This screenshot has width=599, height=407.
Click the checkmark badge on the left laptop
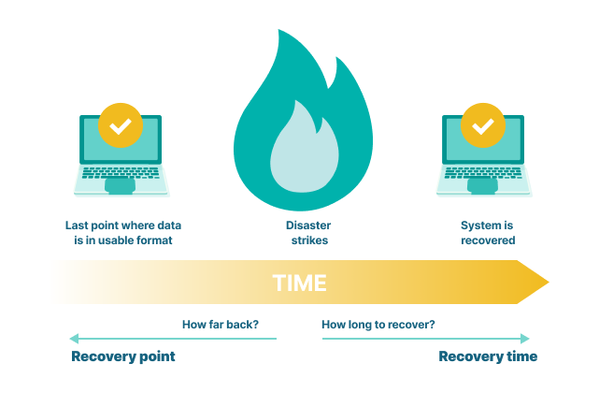[x=121, y=125]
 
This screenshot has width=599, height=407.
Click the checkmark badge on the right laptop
[x=483, y=125]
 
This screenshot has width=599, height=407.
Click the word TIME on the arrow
[x=300, y=283]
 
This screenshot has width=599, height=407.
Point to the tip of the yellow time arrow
[x=547, y=283]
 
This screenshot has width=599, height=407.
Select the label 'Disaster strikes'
[x=307, y=233]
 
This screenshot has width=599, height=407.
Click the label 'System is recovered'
[x=488, y=233]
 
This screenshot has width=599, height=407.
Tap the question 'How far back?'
[x=221, y=326]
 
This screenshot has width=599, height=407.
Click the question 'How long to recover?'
[x=378, y=326]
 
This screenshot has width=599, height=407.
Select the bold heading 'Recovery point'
[x=123, y=356]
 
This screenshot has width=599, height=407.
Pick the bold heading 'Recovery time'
[x=488, y=356]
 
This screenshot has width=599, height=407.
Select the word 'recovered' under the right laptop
[x=488, y=240]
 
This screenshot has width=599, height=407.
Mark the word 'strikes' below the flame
[x=308, y=240]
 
